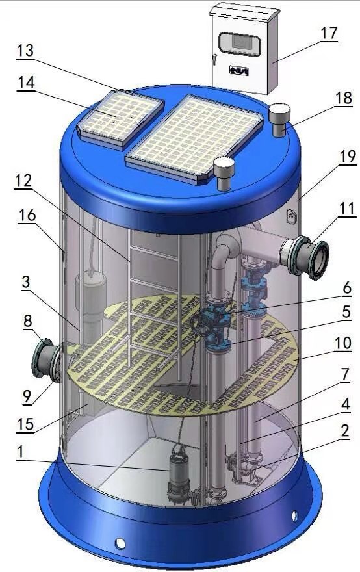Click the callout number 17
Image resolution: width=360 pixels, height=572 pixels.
329,34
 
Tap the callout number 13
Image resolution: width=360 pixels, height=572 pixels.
25,51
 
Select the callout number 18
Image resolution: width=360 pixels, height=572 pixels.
344,97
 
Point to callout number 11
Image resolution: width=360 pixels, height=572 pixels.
346,209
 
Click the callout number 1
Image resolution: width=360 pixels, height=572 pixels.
20,452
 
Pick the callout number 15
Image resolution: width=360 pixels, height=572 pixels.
25,424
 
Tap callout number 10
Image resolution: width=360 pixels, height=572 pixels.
342,343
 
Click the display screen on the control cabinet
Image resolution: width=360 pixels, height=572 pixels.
240,44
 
